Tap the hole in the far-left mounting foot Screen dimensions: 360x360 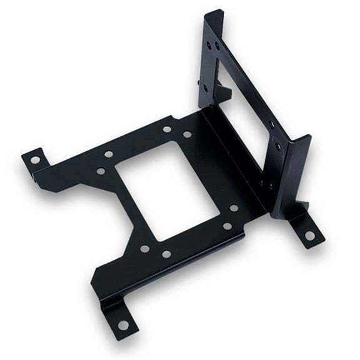coord(35,160)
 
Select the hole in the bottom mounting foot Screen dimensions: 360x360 coord(123,325)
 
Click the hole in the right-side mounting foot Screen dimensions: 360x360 coord(309,236)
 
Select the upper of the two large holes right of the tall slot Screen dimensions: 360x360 coord(271,124)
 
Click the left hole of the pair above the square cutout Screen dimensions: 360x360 coord(167,129)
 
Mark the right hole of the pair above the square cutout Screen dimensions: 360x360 coord(187,134)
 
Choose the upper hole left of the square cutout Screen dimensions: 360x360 coord(109,154)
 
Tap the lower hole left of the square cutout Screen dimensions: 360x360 coord(100,171)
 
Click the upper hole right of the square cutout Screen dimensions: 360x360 coord(233,208)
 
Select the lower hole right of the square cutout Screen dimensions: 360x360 coord(227,226)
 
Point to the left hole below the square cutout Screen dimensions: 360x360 coord(144,248)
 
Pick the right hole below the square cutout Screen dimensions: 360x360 coord(166,254)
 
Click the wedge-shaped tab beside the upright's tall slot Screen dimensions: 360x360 coord(223,91)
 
